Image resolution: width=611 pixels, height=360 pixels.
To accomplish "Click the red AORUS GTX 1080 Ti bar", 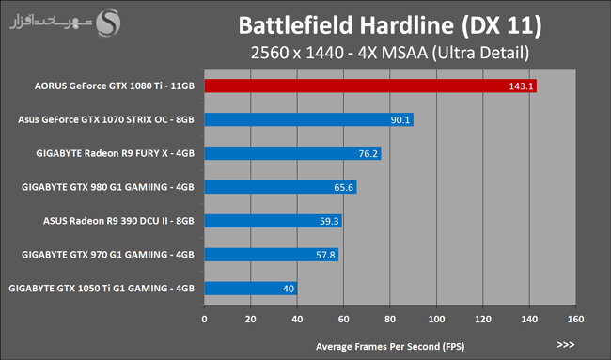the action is pos(370,86).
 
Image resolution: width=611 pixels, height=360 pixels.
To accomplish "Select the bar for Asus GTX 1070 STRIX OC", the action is pos(309,119).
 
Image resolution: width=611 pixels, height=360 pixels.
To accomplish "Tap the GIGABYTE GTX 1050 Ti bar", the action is pos(251,289).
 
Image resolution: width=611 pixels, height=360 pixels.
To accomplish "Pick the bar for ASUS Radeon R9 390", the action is pos(274,221).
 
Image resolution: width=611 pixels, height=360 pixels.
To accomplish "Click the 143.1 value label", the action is pos(521,86).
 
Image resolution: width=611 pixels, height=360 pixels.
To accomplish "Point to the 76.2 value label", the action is pos(368,153).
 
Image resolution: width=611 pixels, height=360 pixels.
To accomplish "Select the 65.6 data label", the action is pos(343,187).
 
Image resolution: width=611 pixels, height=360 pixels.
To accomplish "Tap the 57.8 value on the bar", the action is pos(325,255).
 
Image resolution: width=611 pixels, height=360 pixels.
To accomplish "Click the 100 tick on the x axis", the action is pos(436,319).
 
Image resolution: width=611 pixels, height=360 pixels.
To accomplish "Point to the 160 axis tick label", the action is pos(575,319).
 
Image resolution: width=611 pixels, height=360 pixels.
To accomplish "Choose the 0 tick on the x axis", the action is pos(204,319).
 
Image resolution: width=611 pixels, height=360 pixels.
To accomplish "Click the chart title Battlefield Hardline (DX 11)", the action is pos(390,25).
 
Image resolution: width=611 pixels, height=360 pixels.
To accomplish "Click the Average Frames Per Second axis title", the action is pos(390,346).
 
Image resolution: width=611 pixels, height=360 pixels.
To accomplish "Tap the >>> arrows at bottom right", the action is pos(566,344).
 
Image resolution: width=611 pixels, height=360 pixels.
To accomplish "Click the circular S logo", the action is pos(108,23).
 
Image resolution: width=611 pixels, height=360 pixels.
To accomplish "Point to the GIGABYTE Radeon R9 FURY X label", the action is pos(115,153).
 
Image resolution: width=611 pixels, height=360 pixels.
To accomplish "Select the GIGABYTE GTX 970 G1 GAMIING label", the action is pos(108,255).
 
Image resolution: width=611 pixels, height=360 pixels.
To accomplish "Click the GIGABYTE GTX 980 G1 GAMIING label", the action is pos(108,187).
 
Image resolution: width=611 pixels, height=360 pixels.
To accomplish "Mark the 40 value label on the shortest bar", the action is pos(289,289).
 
